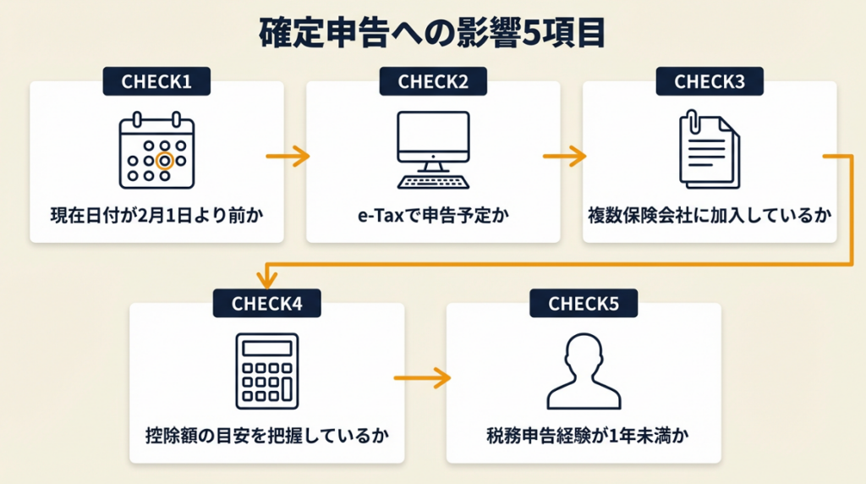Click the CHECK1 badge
point(156,82)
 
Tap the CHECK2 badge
point(433,82)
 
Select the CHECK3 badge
point(710,82)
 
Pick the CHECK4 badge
point(266,304)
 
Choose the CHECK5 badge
point(584,304)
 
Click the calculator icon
point(266,372)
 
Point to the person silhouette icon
point(584,372)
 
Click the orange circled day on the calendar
point(165,160)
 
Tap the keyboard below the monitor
point(433,181)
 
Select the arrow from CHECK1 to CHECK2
point(288,157)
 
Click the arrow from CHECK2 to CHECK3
point(564,157)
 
